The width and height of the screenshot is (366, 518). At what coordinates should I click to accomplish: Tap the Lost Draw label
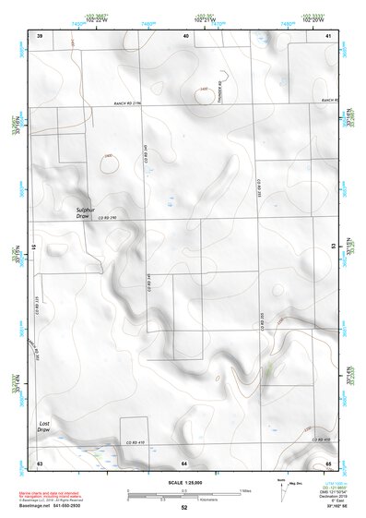(43, 426)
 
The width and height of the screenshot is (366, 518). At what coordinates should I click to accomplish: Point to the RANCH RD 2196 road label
(132, 103)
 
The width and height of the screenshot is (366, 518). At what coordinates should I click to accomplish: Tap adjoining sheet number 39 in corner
(40, 34)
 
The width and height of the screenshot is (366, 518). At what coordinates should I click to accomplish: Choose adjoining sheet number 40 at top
(186, 34)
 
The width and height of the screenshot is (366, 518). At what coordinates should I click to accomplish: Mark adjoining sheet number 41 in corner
(328, 34)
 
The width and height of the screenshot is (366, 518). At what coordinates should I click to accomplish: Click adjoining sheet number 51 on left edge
(34, 247)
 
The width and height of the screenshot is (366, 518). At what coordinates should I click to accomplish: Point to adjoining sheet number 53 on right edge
(334, 247)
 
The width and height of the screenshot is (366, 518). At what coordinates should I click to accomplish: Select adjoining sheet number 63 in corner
(40, 462)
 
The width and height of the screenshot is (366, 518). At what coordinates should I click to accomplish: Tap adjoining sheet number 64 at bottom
(184, 462)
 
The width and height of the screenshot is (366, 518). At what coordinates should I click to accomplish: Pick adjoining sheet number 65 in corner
(328, 462)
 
